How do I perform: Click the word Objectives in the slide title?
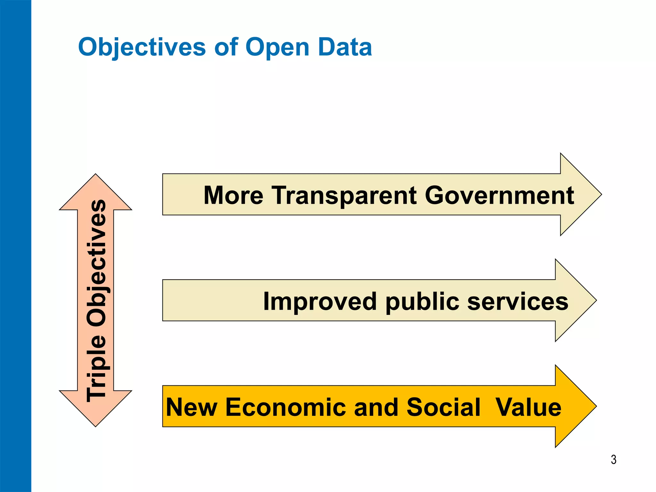(142, 47)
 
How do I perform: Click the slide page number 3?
(613, 460)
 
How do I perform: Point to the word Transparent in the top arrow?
(344, 195)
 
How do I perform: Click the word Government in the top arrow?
(499, 195)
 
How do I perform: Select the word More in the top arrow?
(233, 195)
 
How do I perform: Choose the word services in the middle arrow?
(517, 301)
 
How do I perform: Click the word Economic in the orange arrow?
(286, 407)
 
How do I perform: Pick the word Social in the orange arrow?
(443, 407)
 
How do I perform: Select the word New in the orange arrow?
(191, 407)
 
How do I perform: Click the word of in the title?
(226, 47)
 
